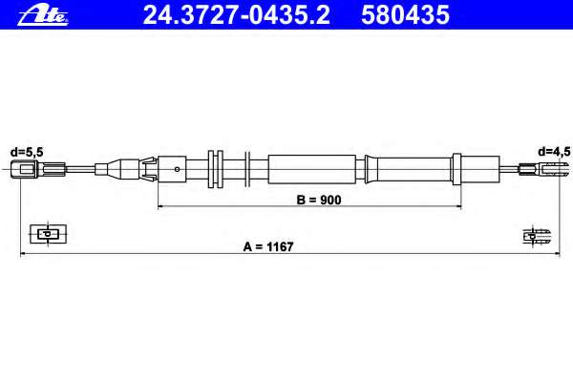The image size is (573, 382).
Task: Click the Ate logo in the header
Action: point(43,16)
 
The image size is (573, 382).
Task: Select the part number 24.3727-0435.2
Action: point(237,15)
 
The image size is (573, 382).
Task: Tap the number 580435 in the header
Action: point(405,15)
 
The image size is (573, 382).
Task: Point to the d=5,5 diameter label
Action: point(27,152)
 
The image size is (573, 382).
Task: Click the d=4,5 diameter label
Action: point(554,152)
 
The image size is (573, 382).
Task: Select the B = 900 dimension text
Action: point(319,200)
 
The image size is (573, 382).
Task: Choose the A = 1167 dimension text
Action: point(268,246)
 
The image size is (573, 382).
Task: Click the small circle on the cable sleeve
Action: point(178,169)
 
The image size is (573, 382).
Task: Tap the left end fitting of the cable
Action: point(38,169)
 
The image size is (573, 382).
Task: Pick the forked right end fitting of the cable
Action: point(542,169)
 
